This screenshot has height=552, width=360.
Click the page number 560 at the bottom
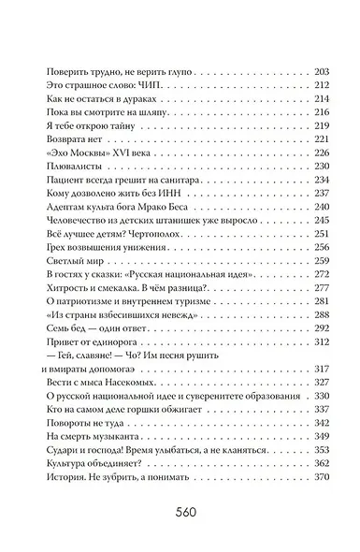179,513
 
